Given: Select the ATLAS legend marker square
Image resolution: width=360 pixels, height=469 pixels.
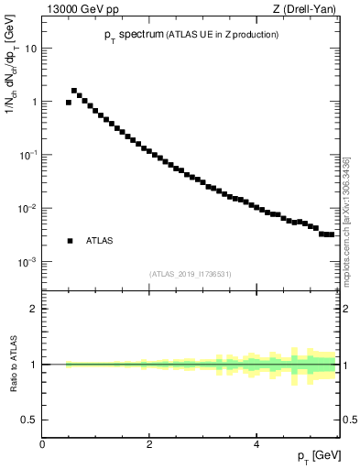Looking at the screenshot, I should click(x=70, y=241).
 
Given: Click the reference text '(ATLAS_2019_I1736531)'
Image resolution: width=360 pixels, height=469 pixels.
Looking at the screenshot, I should click(x=191, y=273).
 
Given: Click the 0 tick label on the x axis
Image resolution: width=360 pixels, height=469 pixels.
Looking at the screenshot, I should click(x=42, y=442).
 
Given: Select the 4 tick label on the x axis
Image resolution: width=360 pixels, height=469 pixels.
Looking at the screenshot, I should click(x=256, y=442).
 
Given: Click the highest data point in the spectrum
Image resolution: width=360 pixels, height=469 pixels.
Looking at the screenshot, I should click(x=74, y=91).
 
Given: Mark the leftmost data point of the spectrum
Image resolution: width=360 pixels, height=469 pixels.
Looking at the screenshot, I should click(x=69, y=103).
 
